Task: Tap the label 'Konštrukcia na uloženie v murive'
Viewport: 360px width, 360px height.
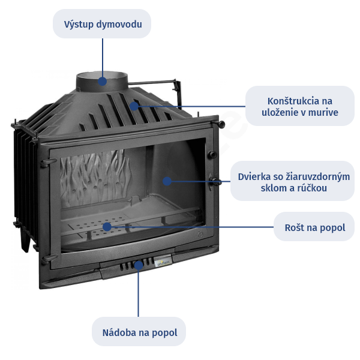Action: coord(299,106)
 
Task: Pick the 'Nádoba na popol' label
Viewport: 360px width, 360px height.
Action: coord(139,332)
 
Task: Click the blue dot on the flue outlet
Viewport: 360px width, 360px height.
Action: coord(103,80)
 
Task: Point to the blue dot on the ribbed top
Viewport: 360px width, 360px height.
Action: coord(134,106)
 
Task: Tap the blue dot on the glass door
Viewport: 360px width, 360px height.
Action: coord(168,180)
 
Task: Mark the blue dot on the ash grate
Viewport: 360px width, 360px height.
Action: coord(107,227)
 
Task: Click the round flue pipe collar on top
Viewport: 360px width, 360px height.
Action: coord(102,79)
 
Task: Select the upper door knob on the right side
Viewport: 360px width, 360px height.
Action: coord(211,155)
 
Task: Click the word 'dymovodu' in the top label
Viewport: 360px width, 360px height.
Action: coord(122,25)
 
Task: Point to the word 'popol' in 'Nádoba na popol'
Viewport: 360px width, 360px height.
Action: coord(164,332)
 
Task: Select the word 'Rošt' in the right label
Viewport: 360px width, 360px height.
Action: coord(295,228)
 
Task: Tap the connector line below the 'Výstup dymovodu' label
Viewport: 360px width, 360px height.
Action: coord(103,57)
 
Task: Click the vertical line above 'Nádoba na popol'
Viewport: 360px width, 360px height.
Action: coord(139,294)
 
